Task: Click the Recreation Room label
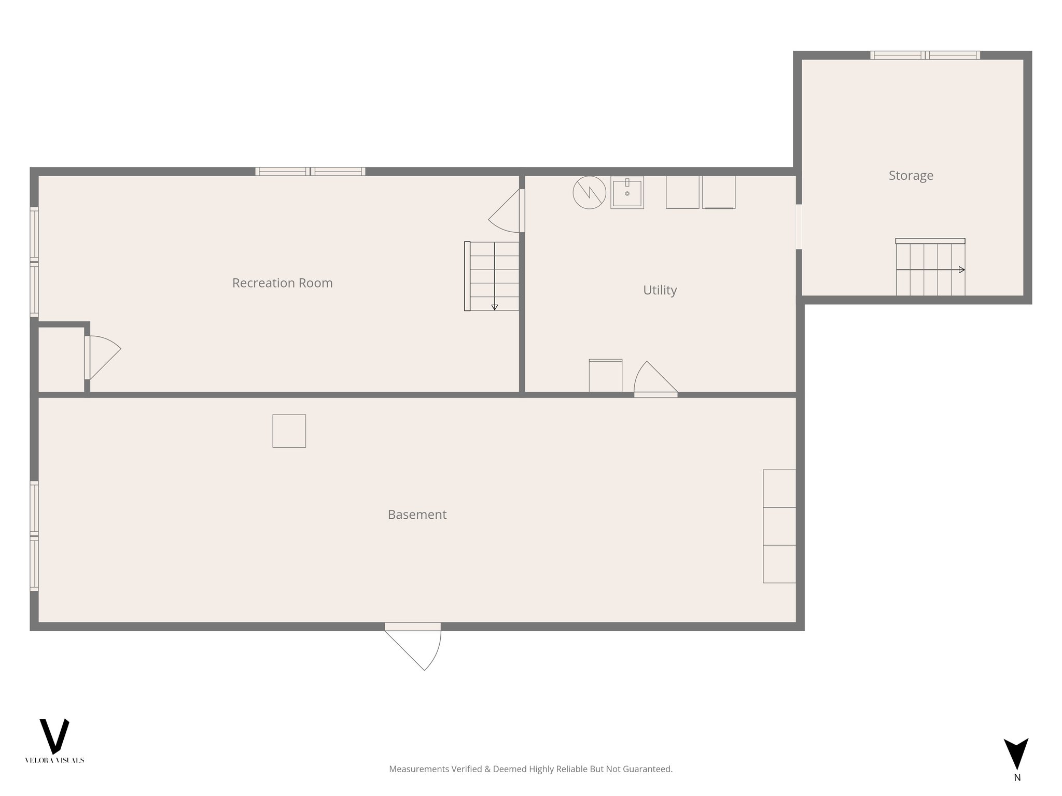click(282, 283)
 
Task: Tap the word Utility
click(660, 290)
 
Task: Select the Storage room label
click(911, 176)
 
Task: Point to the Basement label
click(417, 515)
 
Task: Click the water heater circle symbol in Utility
click(589, 193)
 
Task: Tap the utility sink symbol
click(627, 193)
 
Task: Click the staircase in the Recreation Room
click(493, 276)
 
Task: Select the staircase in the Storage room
click(930, 268)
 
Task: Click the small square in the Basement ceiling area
click(289, 431)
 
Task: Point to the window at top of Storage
click(925, 55)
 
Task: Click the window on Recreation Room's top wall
click(310, 172)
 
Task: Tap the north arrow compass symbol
click(1016, 754)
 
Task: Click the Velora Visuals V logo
click(54, 736)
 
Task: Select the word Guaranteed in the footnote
click(650, 769)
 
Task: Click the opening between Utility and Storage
click(799, 227)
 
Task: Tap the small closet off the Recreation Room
click(61, 359)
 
